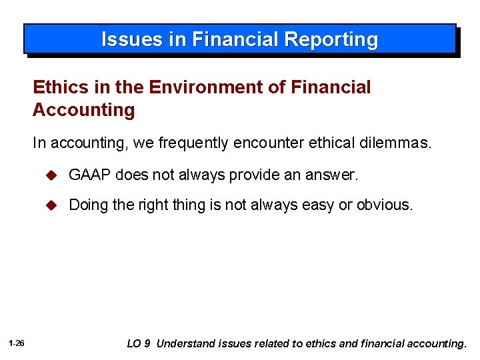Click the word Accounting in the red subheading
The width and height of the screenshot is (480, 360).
pyautogui.click(x=83, y=110)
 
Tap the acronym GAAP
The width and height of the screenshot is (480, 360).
pyautogui.click(x=89, y=175)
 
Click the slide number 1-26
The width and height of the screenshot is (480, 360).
pyautogui.click(x=17, y=344)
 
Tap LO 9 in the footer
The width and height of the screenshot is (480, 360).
pyautogui.click(x=139, y=344)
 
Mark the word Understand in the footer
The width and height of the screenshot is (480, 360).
pyautogui.click(x=186, y=344)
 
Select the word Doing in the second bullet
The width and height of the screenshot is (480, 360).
pyautogui.click(x=89, y=205)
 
